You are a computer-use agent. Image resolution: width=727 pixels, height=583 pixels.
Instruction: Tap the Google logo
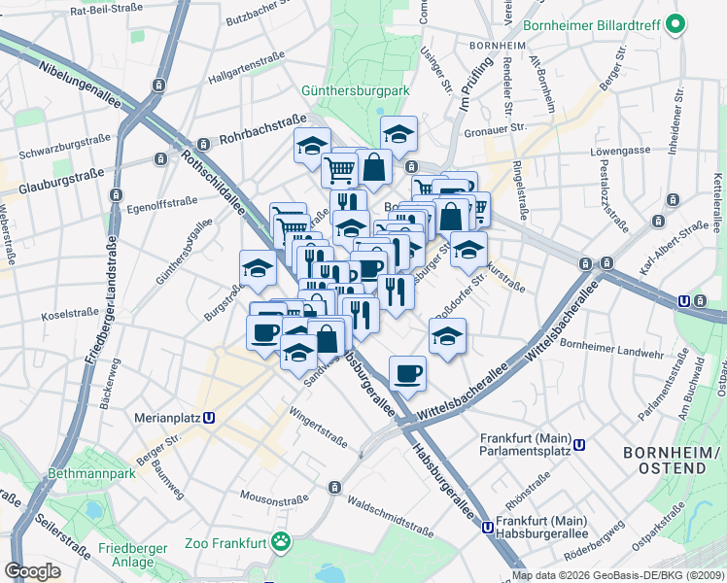click(x=33, y=570)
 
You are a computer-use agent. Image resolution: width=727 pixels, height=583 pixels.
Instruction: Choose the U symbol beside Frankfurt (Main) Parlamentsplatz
click(x=579, y=445)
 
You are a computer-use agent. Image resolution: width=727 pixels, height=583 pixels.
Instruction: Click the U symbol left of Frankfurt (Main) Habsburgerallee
click(x=486, y=528)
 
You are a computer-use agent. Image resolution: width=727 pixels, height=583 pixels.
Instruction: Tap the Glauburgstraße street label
click(x=60, y=179)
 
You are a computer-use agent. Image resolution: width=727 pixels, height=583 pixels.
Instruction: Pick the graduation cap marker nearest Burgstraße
click(x=258, y=268)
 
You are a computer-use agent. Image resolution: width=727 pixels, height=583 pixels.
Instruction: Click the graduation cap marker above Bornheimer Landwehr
click(x=446, y=337)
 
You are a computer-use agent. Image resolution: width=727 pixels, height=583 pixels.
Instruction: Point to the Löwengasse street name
click(x=619, y=153)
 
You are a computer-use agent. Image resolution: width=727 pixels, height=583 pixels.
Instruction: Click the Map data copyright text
click(x=616, y=575)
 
